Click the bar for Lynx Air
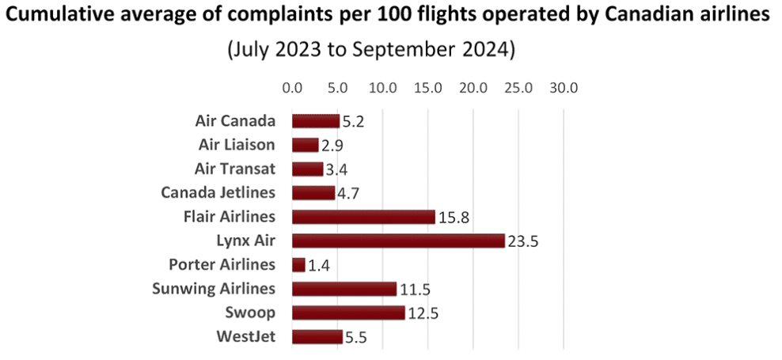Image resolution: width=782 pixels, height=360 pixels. pos(398,241)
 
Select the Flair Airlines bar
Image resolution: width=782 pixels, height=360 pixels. pos(363,217)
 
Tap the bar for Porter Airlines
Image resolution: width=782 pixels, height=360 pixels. pos(298,264)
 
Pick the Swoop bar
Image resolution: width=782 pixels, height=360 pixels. pos(348,313)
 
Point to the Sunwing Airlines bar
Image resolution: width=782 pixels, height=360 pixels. pos(344,289)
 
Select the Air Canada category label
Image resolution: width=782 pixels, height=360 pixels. pos(235,121)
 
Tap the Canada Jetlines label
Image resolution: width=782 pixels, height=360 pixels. pos(218,192)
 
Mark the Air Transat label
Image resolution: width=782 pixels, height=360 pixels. pos(235,169)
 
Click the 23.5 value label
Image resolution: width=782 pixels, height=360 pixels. pos(522,241)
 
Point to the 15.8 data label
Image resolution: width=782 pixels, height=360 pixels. pos(453,218)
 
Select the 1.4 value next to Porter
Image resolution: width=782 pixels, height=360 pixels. pos(319,265)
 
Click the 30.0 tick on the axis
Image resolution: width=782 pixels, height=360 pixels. pos(564,87)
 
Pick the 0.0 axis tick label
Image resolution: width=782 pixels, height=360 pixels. pos(292,87)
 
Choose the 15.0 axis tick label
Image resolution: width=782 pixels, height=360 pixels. pos(428,87)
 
